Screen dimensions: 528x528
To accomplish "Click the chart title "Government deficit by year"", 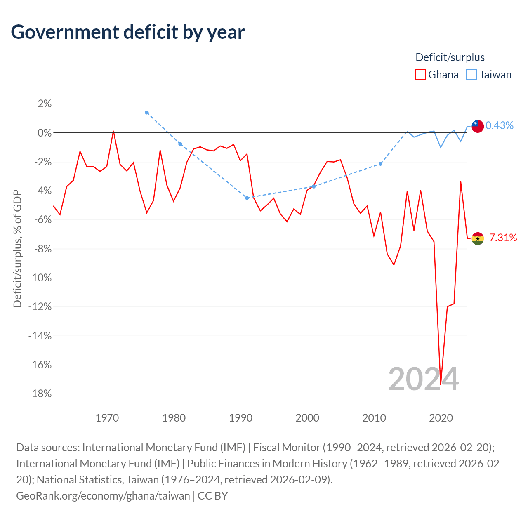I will (128, 32).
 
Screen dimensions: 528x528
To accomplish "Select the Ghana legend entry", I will (437, 75).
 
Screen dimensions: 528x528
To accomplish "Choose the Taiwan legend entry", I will (489, 75).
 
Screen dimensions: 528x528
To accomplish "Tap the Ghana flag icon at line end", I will (478, 238).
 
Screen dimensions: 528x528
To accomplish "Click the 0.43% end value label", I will (500, 125).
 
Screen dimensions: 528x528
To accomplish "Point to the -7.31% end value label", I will (501, 238).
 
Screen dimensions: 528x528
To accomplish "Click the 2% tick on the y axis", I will (45, 104).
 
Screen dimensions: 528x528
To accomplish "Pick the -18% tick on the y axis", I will (40, 394).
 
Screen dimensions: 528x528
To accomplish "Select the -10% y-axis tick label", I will (40, 278).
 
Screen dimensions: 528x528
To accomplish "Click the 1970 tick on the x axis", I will (107, 418).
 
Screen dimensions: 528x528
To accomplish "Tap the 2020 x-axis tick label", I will (441, 418).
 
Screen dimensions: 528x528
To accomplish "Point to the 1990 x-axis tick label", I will (241, 418).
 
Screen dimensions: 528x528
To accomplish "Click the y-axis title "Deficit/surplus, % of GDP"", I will (17, 248).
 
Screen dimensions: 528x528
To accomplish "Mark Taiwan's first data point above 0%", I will (147, 113).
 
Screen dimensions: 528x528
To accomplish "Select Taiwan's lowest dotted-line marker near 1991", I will (247, 198).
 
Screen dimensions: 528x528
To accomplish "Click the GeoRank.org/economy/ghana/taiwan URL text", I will (103, 496).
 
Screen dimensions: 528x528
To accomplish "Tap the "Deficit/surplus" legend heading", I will (450, 57).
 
